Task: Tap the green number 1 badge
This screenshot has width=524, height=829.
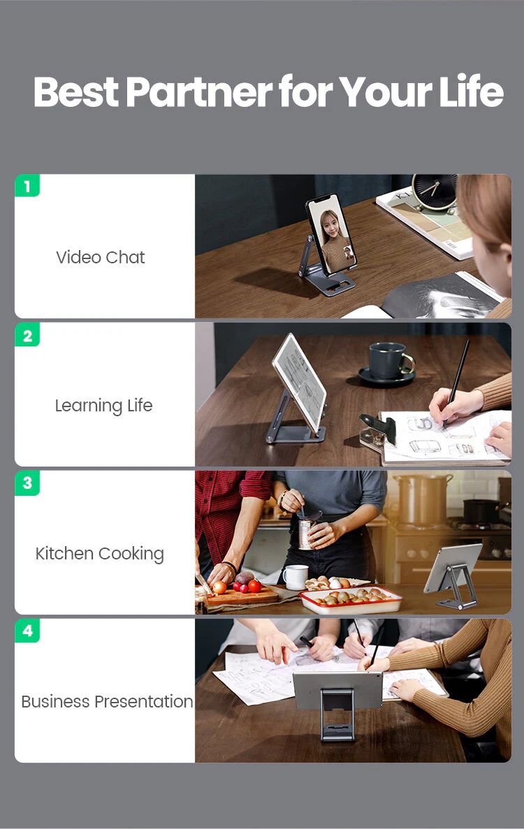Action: pos(27,186)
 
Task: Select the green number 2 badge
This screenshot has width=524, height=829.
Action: pos(27,336)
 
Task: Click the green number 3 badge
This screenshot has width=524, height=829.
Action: pos(27,483)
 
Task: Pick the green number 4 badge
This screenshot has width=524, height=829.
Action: pos(27,631)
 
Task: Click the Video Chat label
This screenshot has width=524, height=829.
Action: pos(101,257)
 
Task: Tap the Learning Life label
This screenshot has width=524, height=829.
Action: pos(103,406)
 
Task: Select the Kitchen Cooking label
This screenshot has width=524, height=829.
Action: pos(100,554)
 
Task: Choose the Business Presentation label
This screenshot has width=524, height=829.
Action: pos(107,702)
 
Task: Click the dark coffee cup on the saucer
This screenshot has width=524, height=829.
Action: pos(388,362)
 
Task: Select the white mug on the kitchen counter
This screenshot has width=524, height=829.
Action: pos(296,577)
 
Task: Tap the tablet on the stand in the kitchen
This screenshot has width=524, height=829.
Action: pos(452,567)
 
